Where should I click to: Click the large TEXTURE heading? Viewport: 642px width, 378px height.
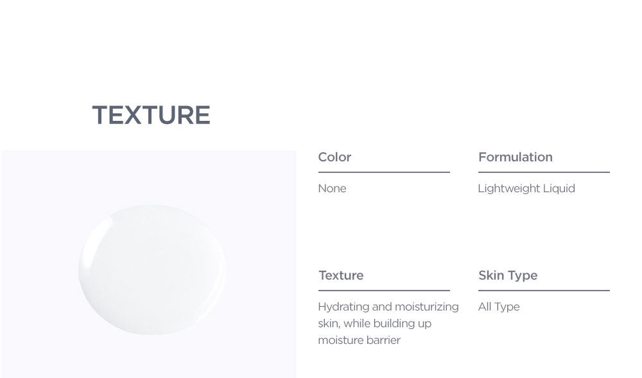click(151, 115)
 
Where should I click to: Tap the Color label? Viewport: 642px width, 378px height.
click(334, 157)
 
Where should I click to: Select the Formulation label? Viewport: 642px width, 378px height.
click(516, 157)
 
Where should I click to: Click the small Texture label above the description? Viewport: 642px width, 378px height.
click(341, 275)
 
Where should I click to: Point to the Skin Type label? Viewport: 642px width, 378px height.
click(508, 276)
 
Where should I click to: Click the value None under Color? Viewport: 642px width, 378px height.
click(332, 188)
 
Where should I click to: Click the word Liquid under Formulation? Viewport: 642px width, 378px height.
click(559, 188)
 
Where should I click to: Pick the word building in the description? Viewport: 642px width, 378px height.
click(393, 323)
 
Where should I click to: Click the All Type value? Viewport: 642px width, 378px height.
click(499, 307)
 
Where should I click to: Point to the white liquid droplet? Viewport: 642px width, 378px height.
click(152, 269)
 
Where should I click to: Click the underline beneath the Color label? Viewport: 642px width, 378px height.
click(384, 172)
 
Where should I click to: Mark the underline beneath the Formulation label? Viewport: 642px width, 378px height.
click(544, 172)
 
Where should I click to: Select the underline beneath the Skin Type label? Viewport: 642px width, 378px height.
click(544, 291)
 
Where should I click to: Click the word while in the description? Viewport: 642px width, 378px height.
click(356, 323)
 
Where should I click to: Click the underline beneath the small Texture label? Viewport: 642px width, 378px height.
click(384, 291)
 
